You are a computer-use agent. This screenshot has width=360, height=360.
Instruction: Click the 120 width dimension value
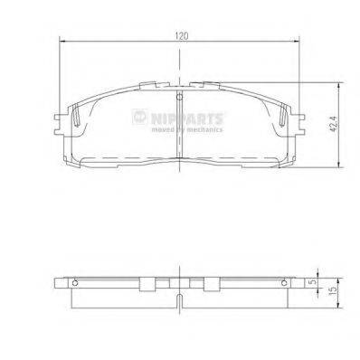(x=182, y=36)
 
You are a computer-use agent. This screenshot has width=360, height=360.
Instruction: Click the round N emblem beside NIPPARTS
(x=138, y=116)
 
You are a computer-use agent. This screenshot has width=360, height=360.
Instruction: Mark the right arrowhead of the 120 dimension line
(x=298, y=44)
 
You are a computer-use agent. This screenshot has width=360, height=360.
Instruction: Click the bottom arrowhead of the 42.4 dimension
(x=336, y=164)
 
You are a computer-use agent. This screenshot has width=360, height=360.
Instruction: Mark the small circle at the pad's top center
(x=180, y=97)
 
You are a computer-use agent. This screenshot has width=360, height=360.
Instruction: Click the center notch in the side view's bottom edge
(x=180, y=300)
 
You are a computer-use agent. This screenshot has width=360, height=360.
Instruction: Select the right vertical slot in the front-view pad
(x=277, y=118)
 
